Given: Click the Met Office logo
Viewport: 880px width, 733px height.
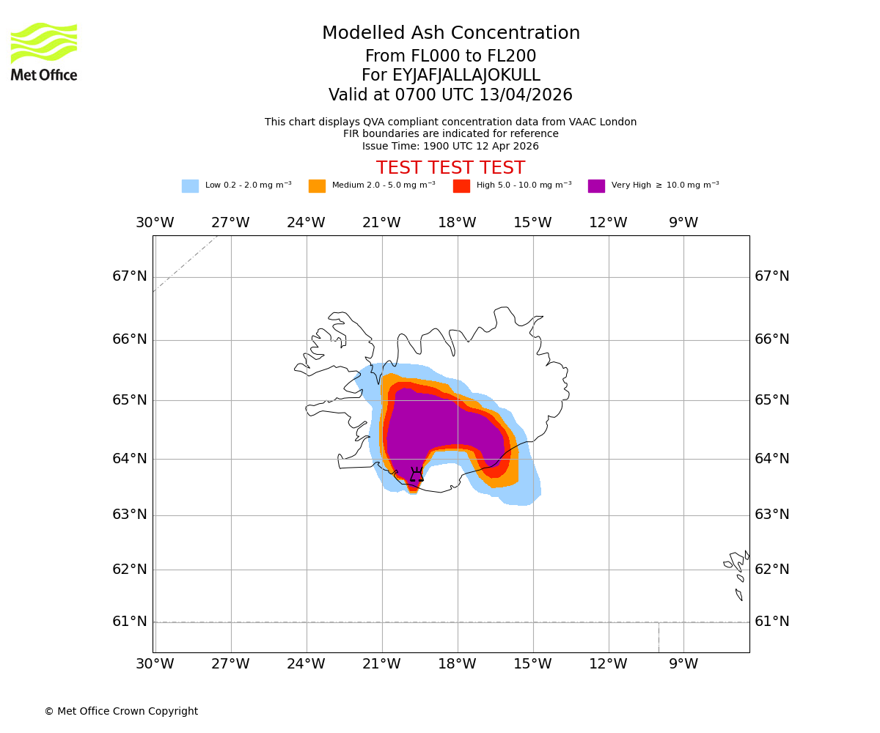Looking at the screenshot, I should click(x=44, y=51).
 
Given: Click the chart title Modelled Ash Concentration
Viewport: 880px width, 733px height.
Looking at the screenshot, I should click(x=450, y=34).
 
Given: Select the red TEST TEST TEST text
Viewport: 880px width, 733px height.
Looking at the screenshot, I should click(x=450, y=168).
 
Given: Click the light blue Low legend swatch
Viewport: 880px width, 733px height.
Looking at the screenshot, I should click(x=190, y=186).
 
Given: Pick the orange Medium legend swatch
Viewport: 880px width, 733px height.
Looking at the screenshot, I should click(x=317, y=186).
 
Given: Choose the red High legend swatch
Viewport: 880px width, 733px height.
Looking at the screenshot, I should click(x=461, y=186).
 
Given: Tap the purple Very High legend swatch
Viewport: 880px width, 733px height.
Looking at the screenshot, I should click(x=596, y=186).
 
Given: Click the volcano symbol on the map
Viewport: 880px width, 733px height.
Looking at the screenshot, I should click(x=417, y=475).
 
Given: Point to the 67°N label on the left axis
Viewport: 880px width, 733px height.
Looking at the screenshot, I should click(x=130, y=276).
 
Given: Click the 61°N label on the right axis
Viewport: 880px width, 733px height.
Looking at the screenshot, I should click(x=771, y=622).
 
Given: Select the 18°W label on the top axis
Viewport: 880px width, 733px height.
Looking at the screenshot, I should click(x=457, y=223).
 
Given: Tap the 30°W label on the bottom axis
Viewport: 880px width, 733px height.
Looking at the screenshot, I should click(x=155, y=664).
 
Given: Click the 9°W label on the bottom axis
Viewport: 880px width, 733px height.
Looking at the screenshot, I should click(x=683, y=664).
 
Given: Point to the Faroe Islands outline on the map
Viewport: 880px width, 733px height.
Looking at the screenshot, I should click(x=737, y=572).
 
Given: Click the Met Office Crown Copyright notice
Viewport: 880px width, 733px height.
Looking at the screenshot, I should click(x=121, y=712).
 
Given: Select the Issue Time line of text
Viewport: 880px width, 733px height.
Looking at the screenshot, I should click(x=450, y=146).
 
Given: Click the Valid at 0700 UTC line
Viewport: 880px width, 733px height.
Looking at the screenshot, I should click(x=450, y=95).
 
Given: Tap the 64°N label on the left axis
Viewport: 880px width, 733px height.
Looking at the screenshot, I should click(x=130, y=459).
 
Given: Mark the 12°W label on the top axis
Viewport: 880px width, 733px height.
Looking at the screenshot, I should click(x=607, y=223).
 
